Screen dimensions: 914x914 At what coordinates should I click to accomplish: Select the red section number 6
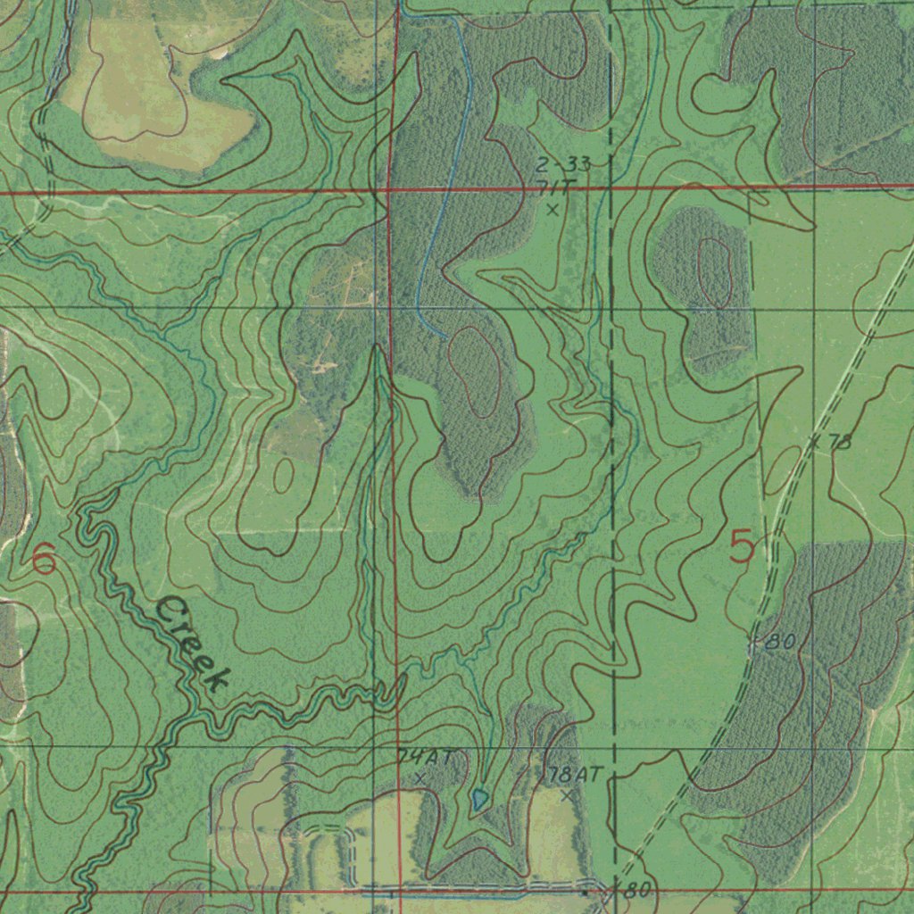43,561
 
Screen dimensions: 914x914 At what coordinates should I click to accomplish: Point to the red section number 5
741,546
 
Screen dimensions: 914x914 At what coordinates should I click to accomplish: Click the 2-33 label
563,164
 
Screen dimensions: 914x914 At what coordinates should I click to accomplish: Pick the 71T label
558,186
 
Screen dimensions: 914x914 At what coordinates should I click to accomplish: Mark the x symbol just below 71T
553,211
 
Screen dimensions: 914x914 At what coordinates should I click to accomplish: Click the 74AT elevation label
426,757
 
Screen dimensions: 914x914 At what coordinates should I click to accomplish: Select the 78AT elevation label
572,773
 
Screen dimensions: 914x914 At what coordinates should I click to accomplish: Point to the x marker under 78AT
566,794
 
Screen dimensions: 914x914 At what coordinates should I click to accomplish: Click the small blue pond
479,799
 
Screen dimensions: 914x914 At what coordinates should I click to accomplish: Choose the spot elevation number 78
840,441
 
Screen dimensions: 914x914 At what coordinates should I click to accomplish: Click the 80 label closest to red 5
780,641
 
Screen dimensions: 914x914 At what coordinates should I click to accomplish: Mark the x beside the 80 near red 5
754,641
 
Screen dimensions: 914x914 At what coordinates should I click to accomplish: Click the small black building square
585,891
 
